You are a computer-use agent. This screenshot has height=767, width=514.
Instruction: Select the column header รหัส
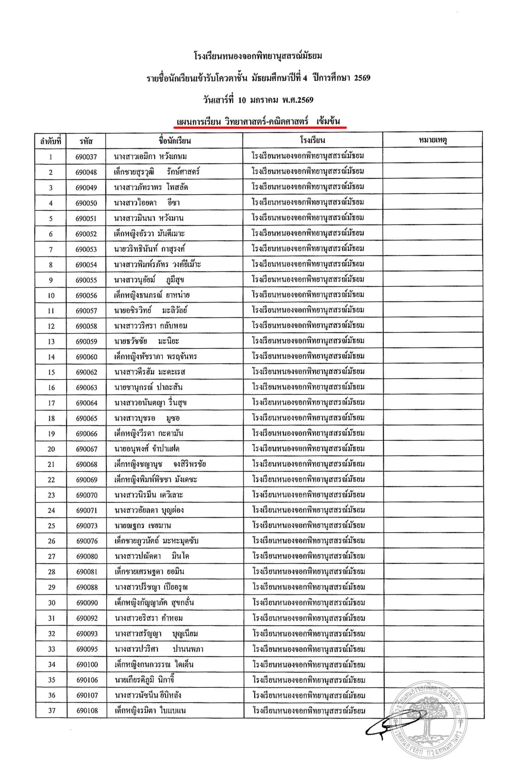(x=86, y=141)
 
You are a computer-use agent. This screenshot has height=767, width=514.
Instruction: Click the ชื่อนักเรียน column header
(x=175, y=141)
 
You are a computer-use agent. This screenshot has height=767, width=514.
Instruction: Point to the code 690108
(x=87, y=710)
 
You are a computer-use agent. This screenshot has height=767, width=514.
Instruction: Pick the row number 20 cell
(x=51, y=449)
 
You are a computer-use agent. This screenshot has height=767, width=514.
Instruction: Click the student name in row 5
(x=148, y=218)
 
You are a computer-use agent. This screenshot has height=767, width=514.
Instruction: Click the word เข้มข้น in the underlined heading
(x=328, y=122)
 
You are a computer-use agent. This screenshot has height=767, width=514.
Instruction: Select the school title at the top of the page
(x=258, y=56)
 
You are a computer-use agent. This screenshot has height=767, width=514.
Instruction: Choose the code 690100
(x=87, y=664)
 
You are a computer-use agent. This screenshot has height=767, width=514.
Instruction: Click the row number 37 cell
(x=52, y=710)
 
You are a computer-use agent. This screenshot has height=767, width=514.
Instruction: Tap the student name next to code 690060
(x=155, y=357)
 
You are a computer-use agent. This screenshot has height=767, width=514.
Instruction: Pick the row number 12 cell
(x=51, y=326)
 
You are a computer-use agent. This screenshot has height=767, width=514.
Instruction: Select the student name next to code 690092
(x=149, y=618)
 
